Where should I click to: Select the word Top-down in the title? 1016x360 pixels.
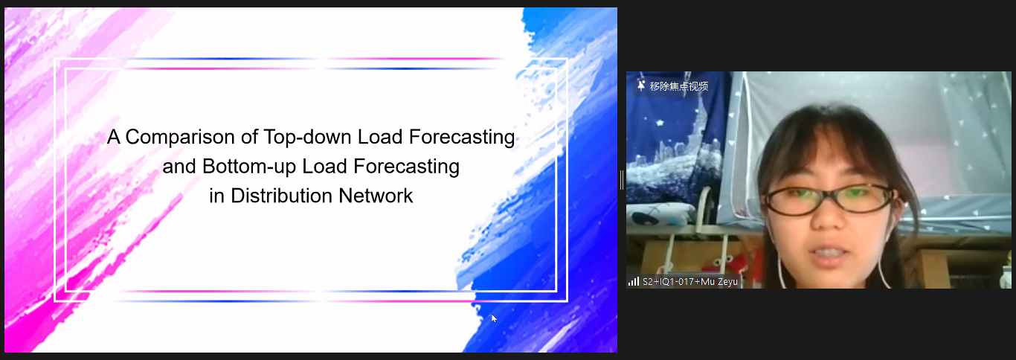pyautogui.click(x=308, y=138)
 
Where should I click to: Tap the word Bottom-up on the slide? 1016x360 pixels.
pyautogui.click(x=249, y=167)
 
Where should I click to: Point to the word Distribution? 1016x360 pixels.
pyautogui.click(x=282, y=196)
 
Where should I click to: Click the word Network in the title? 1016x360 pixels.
pyautogui.click(x=376, y=196)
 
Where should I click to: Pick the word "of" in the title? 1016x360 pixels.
pyautogui.click(x=249, y=138)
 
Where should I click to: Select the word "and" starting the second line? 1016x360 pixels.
pyautogui.click(x=179, y=167)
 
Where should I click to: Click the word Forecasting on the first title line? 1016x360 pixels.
pyautogui.click(x=462, y=138)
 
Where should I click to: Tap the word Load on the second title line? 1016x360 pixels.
pyautogui.click(x=325, y=167)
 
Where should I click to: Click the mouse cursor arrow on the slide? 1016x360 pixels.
pyautogui.click(x=493, y=318)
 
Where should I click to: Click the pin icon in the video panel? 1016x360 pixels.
pyautogui.click(x=641, y=86)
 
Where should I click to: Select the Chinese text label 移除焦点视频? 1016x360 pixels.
pyautogui.click(x=679, y=86)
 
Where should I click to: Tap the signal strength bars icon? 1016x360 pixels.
pyautogui.click(x=633, y=282)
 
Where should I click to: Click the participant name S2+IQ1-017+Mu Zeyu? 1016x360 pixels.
pyautogui.click(x=690, y=282)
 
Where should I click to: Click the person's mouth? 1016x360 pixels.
pyautogui.click(x=829, y=253)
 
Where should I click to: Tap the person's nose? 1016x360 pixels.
pyautogui.click(x=828, y=218)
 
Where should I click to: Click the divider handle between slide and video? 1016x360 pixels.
pyautogui.click(x=621, y=179)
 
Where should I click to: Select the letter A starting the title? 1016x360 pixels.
pyautogui.click(x=113, y=138)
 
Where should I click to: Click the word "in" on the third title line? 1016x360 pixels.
pyautogui.click(x=216, y=196)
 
